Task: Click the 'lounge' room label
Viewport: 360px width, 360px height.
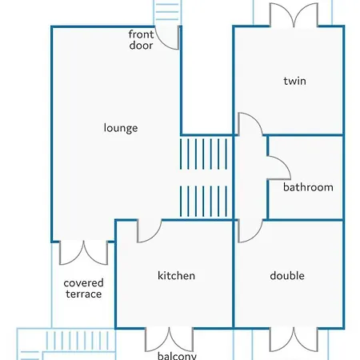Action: pos(121,128)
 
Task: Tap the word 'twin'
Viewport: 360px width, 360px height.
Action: pos(294,81)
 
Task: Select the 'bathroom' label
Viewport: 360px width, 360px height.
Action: pos(308,187)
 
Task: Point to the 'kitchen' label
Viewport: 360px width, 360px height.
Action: pos(176,275)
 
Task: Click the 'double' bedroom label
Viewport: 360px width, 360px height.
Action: pos(287,275)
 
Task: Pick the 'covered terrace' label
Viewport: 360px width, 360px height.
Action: pos(83,289)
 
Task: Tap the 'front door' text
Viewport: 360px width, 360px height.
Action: pos(141,40)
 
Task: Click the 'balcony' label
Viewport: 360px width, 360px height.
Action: pos(177,356)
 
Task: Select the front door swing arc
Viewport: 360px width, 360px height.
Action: pos(162,44)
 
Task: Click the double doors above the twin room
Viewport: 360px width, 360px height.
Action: pos(294,15)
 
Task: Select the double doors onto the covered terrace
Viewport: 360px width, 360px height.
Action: pos(83,253)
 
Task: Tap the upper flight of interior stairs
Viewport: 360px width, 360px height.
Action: pos(203,154)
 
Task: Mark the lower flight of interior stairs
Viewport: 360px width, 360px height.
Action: pos(203,201)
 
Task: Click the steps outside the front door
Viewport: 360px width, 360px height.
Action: pos(167,13)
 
